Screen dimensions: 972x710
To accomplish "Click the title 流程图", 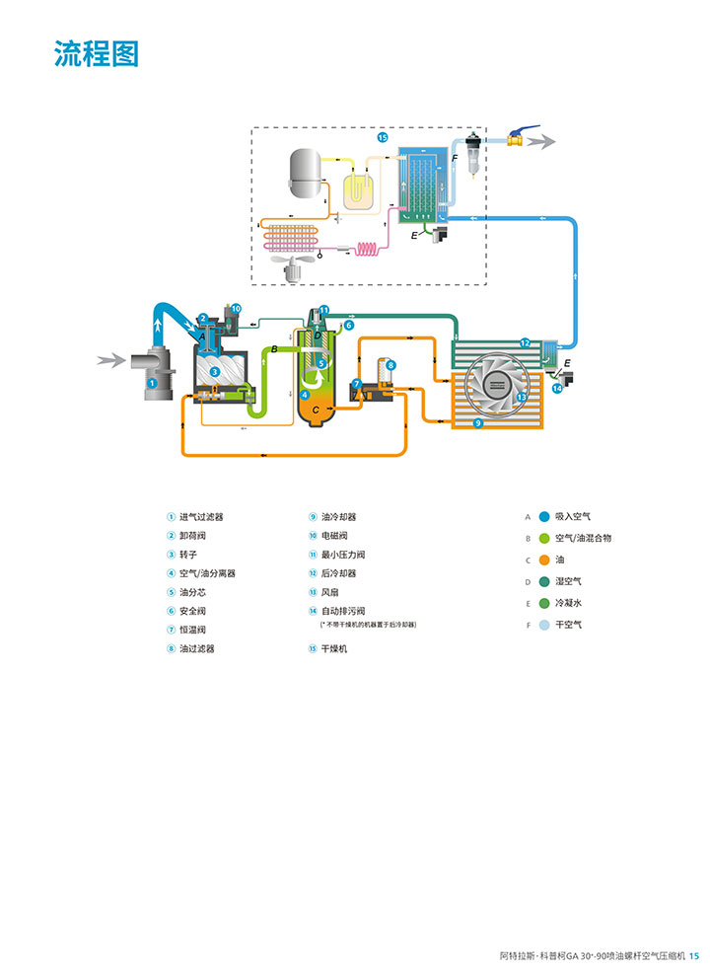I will [97, 54].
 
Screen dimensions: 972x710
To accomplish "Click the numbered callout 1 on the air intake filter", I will [152, 381].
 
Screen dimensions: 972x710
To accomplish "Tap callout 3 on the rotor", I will [214, 371].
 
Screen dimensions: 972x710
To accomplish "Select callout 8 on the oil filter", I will [390, 365].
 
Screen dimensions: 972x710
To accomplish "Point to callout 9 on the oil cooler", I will [477, 422].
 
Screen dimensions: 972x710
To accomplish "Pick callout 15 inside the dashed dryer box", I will [383, 139].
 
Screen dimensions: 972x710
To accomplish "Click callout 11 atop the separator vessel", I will [323, 310].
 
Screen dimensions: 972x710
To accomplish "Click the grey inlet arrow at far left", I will [110, 360].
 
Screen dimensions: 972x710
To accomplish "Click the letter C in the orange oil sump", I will [316, 410].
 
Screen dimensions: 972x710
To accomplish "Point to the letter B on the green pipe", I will [274, 349].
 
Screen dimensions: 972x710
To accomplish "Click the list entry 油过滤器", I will [197, 648].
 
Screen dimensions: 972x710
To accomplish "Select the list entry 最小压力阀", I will [344, 555].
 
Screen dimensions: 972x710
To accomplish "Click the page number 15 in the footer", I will [694, 955].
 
